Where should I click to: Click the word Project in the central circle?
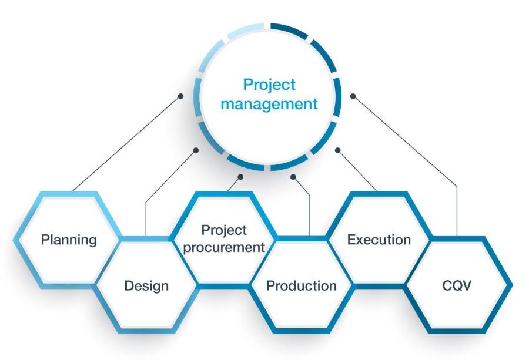(x=269, y=85)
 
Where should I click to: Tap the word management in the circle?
(x=269, y=104)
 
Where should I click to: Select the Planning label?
(x=69, y=240)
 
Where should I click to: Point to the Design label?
(x=146, y=286)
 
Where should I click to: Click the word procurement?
(x=224, y=248)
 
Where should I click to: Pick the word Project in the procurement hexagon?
(x=224, y=230)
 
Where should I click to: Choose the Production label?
(x=302, y=286)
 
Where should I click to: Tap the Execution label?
(x=379, y=240)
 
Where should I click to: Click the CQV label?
(x=457, y=286)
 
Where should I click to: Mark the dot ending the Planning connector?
(x=180, y=96)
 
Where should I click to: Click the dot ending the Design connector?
(x=196, y=150)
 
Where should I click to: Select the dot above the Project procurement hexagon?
(x=240, y=177)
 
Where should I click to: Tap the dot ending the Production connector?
(x=293, y=177)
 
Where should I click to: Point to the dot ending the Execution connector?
(x=338, y=150)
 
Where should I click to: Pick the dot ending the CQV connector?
(x=353, y=96)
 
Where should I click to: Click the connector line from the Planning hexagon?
(x=126, y=144)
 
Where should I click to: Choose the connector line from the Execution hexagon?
(x=357, y=170)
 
